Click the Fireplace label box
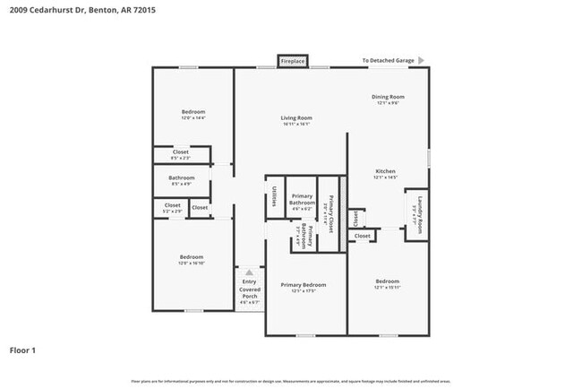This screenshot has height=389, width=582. tap(293, 61)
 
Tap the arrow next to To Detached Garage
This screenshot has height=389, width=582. tap(422, 61)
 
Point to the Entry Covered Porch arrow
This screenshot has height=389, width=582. tap(249, 272)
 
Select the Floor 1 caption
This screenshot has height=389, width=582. tap(23, 350)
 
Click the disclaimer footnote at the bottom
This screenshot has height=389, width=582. tap(291, 381)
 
